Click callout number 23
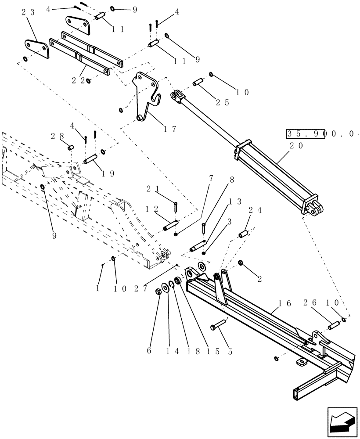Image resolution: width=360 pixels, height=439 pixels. (x=27, y=13)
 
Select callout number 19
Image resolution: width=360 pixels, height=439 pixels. (x=108, y=173)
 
